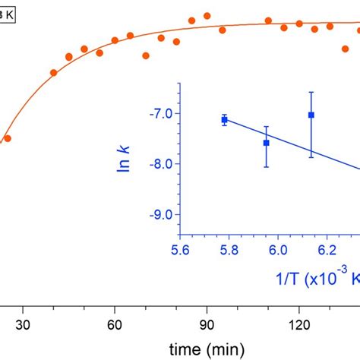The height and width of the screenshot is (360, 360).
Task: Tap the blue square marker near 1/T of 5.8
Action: coord(224,120)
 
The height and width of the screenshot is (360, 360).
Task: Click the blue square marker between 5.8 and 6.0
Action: coord(266,143)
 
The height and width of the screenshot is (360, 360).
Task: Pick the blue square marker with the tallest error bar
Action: coord(311,115)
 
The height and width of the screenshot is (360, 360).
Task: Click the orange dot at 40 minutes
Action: coord(54,73)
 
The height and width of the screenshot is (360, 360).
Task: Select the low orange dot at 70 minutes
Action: coord(146,55)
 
